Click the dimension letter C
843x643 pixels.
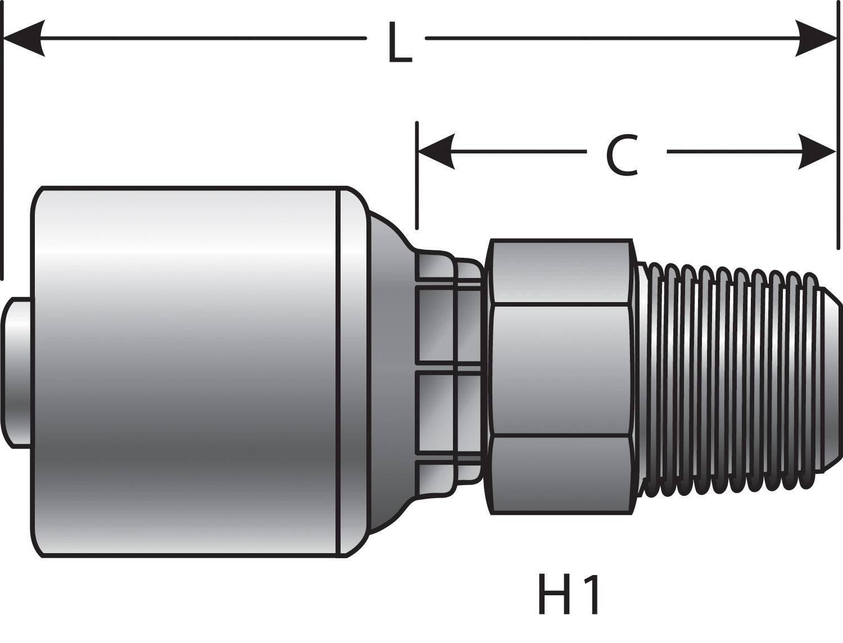pyautogui.click(x=622, y=156)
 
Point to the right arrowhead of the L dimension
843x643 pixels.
pyautogui.click(x=818, y=38)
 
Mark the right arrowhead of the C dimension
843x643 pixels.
pyautogui.click(x=818, y=152)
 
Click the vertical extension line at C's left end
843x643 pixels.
pyautogui.click(x=416, y=174)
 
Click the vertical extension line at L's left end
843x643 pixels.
pyautogui.click(x=3, y=140)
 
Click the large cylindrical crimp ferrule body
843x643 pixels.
pyautogui.click(x=185, y=371)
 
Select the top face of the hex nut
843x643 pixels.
pyautogui.click(x=559, y=272)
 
